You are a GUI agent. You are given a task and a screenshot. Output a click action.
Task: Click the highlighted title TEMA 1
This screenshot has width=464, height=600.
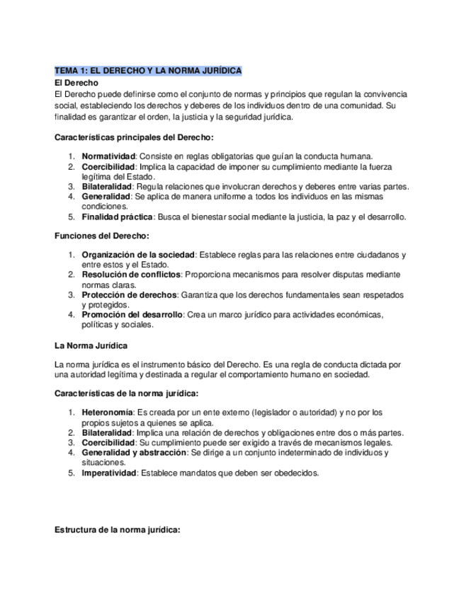148,71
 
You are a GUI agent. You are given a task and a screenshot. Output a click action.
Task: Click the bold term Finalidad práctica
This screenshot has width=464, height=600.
118,217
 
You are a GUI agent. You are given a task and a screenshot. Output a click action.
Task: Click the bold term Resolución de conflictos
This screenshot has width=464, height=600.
131,275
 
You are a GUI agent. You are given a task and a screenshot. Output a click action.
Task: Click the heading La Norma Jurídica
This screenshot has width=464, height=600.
91,346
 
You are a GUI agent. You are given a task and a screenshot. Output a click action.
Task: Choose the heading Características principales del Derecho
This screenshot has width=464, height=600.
134,137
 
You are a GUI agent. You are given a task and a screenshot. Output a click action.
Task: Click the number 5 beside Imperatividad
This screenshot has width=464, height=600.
71,473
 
